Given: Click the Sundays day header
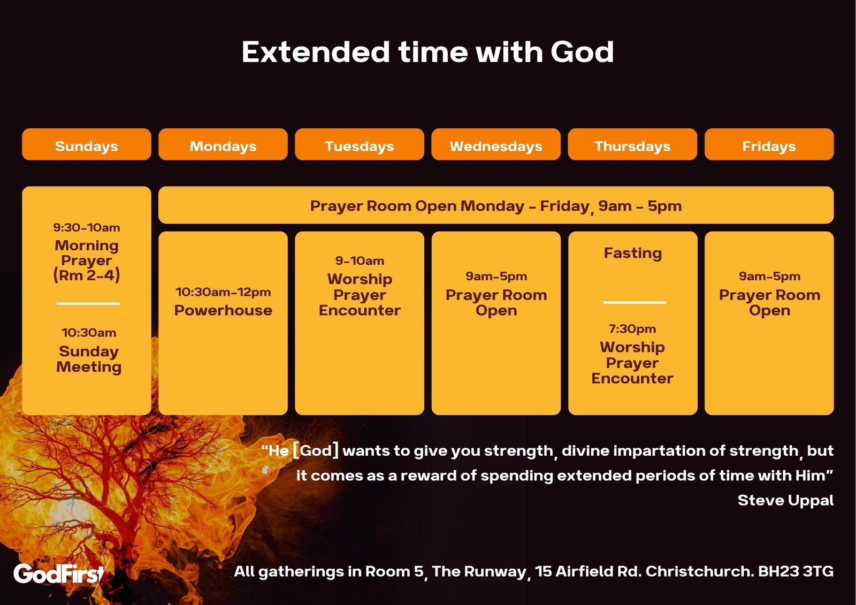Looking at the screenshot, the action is [86, 144].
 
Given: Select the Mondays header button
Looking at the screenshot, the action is [223, 144].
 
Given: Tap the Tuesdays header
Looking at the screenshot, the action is [360, 144].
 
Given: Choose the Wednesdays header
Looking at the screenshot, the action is [496, 144].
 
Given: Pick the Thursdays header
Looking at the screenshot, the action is [632, 144].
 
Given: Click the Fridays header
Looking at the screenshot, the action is [769, 144].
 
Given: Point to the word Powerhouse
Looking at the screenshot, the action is [223, 310].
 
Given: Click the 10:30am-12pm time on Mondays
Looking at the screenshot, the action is [223, 292].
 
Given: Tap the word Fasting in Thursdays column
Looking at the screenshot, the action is [633, 254].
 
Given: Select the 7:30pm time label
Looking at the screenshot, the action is [632, 328].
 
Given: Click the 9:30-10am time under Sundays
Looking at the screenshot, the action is [86, 227].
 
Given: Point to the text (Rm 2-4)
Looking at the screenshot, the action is [86, 275].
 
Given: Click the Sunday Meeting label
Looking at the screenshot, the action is [89, 359].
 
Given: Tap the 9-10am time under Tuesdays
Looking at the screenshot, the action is [360, 261].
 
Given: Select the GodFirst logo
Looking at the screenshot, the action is [59, 573].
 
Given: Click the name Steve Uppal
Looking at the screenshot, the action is [786, 500].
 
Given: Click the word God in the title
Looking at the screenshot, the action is [582, 52].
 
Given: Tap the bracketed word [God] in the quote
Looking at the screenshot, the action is [316, 450].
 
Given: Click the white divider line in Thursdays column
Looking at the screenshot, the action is [635, 302].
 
